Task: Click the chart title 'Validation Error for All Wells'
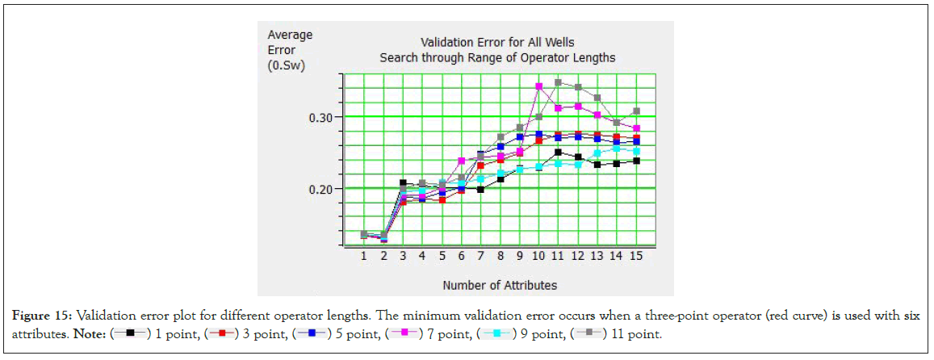coord(498,42)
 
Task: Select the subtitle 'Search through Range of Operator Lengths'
coord(498,57)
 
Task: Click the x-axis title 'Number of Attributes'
coord(499,285)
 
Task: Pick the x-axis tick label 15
coord(636,256)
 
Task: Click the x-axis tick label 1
coord(364,256)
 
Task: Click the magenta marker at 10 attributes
coord(539,86)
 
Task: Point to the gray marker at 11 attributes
coord(559,82)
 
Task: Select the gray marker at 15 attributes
coord(636,111)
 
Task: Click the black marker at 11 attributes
coord(559,152)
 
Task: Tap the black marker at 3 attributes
coord(403,183)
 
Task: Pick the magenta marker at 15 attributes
coord(636,128)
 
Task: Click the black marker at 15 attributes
coord(636,161)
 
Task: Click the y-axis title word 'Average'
coord(290,36)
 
